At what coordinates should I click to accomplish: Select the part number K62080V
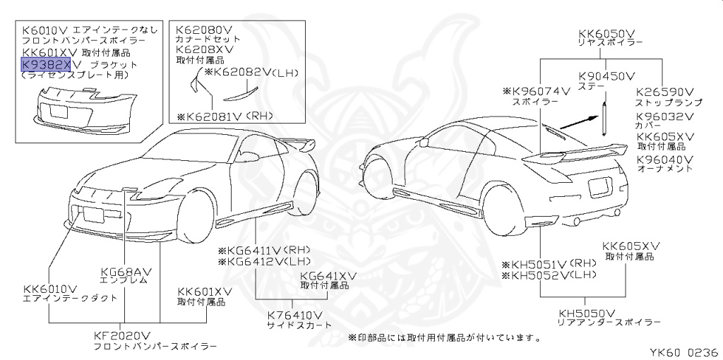(x=205, y=30)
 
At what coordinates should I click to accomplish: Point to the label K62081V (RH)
(x=219, y=116)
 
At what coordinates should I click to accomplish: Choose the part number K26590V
(x=665, y=91)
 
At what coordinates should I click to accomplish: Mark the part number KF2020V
(x=124, y=335)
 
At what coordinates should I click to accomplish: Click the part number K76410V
(x=294, y=314)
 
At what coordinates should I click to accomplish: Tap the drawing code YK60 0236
(x=684, y=351)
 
